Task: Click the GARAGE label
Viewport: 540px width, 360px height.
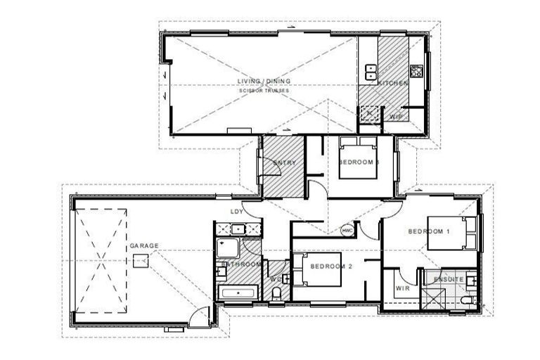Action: click(x=144, y=245)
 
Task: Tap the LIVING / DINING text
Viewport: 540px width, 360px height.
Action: click(x=264, y=82)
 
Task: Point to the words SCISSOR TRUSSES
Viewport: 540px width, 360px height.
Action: click(x=264, y=91)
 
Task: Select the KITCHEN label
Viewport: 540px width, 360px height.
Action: click(x=393, y=84)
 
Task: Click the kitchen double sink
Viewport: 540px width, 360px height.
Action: click(x=370, y=70)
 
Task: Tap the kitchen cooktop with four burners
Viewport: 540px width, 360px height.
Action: click(x=416, y=71)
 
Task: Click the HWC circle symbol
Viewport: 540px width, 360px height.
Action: click(x=347, y=230)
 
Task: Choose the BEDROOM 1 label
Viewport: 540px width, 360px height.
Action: click(x=429, y=231)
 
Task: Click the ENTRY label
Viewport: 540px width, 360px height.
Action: click(x=283, y=163)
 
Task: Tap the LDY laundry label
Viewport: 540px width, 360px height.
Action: click(x=238, y=212)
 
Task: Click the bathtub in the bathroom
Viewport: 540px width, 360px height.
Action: click(x=239, y=292)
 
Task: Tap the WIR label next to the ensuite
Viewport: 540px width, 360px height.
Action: click(x=402, y=288)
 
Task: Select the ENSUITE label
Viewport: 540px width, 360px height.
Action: click(x=449, y=279)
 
